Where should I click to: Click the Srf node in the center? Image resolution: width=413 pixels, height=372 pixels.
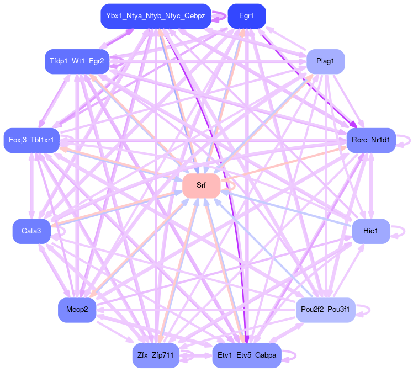(x=201, y=185)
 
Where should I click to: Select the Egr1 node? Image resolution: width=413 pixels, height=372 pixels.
(x=246, y=16)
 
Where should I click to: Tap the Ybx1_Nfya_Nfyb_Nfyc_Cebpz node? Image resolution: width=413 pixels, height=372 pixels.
(x=155, y=16)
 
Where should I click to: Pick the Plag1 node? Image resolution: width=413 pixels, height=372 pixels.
(x=325, y=61)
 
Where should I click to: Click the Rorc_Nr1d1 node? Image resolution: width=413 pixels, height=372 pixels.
(x=370, y=140)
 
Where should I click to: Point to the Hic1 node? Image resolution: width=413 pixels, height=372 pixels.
(x=370, y=231)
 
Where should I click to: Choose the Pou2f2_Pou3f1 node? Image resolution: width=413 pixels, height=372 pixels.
(x=325, y=310)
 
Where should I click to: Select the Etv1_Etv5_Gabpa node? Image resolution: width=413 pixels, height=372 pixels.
(x=246, y=355)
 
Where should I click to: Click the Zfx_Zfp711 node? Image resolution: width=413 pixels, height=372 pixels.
(x=155, y=355)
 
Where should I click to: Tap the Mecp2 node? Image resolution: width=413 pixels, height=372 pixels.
(x=77, y=310)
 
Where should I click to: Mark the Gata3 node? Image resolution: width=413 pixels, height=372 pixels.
(x=31, y=231)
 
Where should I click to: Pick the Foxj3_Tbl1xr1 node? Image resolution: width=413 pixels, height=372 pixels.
(x=31, y=140)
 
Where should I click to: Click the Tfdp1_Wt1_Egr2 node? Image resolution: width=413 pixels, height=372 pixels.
(x=77, y=61)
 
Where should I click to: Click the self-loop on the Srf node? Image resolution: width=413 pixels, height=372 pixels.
(x=227, y=185)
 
